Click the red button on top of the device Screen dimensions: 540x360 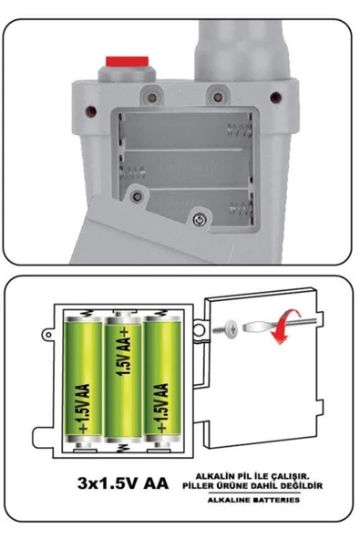[x=128, y=62]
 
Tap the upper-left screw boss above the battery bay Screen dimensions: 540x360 [x=149, y=91]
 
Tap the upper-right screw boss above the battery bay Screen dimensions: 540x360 [x=217, y=91]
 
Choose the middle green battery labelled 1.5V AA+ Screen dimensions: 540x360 [x=123, y=381]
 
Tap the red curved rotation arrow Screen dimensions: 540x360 [x=290, y=337]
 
